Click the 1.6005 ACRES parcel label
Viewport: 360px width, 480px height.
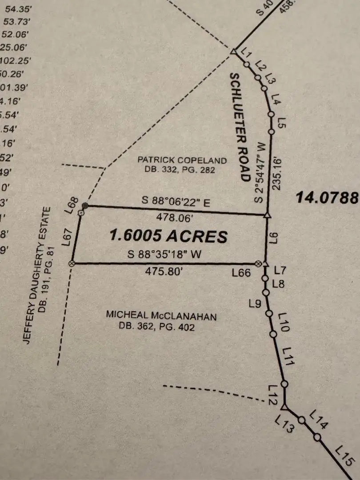point(168,236)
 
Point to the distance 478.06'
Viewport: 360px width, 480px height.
point(176,218)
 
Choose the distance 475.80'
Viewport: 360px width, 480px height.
point(164,272)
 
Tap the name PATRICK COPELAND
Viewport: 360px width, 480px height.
point(182,160)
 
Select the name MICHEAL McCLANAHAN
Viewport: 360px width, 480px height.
point(161,316)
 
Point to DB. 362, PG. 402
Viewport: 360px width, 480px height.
point(156,327)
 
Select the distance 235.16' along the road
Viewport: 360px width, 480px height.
point(278,172)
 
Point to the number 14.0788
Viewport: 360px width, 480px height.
point(327,197)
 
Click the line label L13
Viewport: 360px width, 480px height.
point(284,424)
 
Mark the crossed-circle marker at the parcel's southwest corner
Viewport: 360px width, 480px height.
point(72,264)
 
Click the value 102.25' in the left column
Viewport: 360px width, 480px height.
point(14,61)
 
